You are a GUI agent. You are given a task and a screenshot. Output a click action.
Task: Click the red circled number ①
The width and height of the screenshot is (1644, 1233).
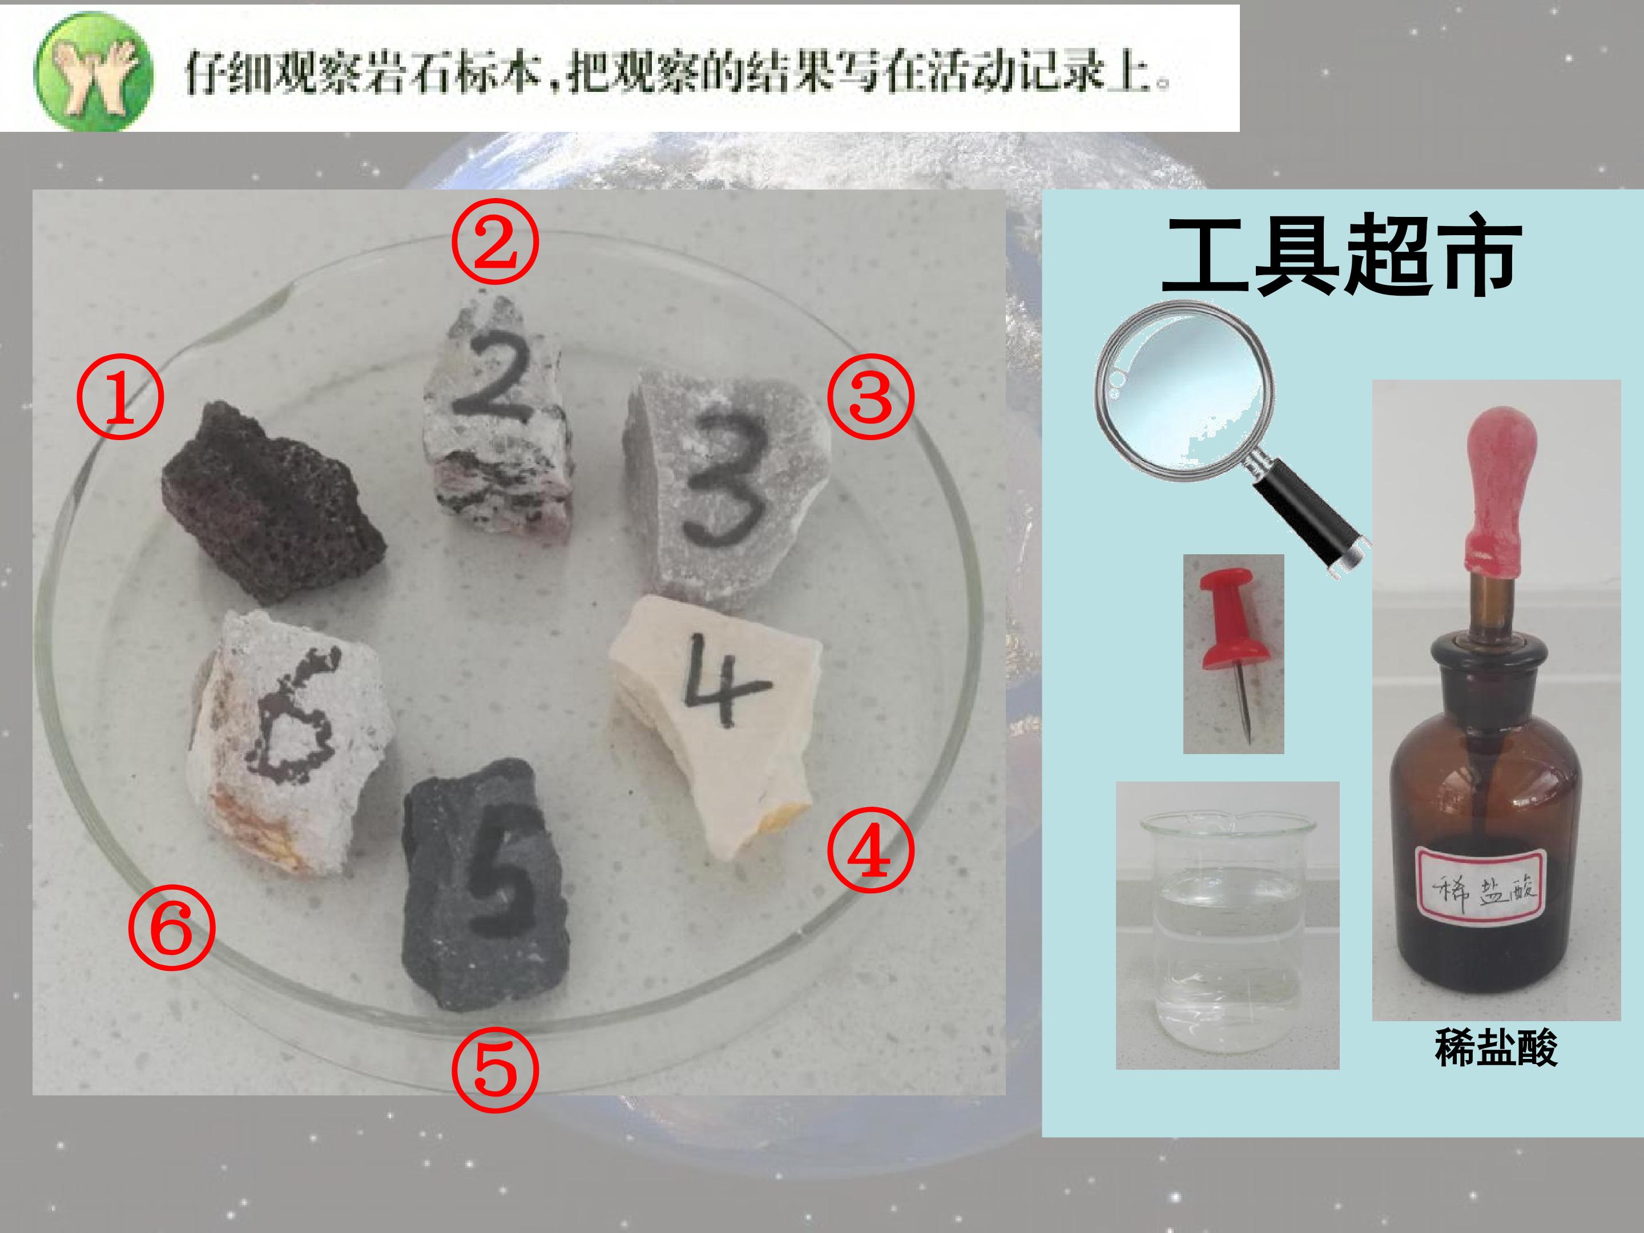tap(120, 396)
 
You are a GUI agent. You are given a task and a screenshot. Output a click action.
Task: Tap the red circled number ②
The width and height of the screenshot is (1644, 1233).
tap(495, 244)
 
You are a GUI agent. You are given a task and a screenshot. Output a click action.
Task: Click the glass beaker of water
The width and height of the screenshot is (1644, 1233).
tap(1228, 929)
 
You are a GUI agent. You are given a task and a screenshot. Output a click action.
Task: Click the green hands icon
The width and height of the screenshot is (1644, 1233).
tap(92, 71)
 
